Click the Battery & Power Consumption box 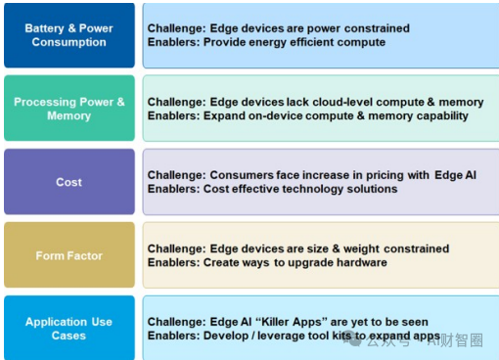click(68, 35)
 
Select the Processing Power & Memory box click(68, 109)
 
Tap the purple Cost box click(68, 182)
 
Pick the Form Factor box click(68, 255)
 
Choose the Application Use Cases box click(68, 329)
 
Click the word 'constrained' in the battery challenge click(376, 28)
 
